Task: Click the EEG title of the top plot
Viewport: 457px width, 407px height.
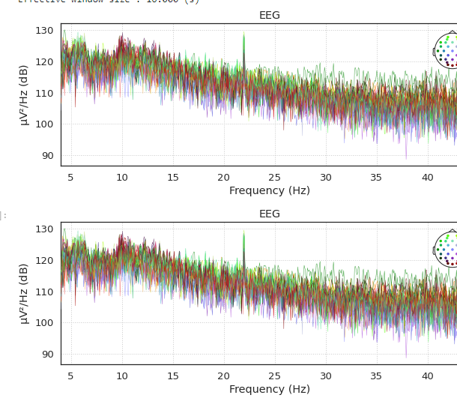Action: click(x=270, y=16)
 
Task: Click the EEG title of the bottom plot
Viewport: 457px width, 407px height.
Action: click(x=270, y=214)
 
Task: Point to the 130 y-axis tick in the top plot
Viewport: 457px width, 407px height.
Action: click(x=45, y=31)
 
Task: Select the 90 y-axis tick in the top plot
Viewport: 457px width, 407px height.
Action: click(x=47, y=156)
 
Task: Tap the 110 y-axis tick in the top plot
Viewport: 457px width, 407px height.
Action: click(x=45, y=93)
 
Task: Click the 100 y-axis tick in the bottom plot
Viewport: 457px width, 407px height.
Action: click(x=45, y=323)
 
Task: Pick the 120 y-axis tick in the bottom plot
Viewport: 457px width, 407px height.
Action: click(x=45, y=261)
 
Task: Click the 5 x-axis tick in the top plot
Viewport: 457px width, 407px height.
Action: click(x=71, y=177)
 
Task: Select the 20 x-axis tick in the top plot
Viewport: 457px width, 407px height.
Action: click(x=223, y=177)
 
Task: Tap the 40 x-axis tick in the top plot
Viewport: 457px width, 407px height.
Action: click(x=427, y=177)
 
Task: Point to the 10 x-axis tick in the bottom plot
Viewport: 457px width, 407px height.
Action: click(x=122, y=376)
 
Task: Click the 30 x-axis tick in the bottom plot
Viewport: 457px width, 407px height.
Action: click(x=325, y=376)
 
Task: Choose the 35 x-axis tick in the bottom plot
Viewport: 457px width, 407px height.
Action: click(x=376, y=376)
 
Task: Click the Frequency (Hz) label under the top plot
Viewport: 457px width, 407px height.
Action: click(x=270, y=191)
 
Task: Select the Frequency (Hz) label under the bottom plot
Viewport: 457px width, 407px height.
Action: click(x=270, y=390)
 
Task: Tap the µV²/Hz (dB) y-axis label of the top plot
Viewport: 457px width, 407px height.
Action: click(x=24, y=94)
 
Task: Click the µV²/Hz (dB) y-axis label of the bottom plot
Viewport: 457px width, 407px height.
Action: click(x=24, y=293)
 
